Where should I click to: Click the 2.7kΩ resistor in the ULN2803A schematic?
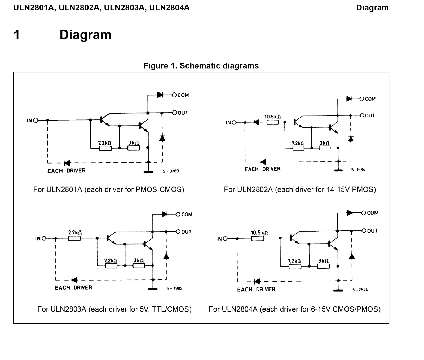coord(74,238)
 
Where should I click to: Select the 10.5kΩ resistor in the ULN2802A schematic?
coord(272,122)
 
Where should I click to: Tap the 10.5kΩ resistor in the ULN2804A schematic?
coord(258,239)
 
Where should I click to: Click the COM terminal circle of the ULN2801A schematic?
coord(174,95)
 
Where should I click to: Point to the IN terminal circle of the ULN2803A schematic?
coord(44,238)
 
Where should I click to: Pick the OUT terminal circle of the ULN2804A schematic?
coord(364,230)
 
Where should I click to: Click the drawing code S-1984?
coord(358,170)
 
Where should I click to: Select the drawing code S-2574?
coord(360,290)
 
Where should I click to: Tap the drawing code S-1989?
coord(174,288)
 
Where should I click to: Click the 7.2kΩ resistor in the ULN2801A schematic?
coord(105,148)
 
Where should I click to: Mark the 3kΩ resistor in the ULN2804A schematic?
coord(323,266)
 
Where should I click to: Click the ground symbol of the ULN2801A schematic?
coord(148,172)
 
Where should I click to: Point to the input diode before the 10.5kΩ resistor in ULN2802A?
coord(256,122)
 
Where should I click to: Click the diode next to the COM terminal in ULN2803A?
coord(165,214)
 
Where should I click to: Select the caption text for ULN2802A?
coord(300,190)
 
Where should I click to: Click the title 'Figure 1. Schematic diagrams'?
coord(201,66)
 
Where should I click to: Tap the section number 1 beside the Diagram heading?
coord(17,35)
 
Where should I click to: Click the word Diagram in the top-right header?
coord(372,8)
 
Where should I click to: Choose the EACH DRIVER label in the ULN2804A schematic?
coord(256,289)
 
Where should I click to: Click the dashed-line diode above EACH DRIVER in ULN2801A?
coord(67,163)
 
